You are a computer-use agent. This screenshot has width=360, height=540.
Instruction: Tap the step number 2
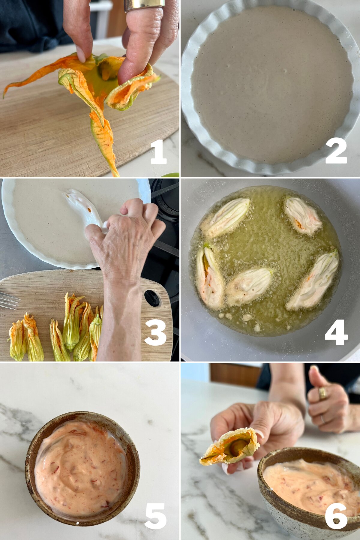(336, 151)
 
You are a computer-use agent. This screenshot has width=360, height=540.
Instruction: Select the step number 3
(155, 332)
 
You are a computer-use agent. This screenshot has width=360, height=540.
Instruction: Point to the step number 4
(336, 332)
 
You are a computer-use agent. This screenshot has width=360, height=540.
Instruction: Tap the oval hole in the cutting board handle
(152, 298)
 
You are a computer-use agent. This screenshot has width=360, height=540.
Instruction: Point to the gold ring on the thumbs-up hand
(323, 393)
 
